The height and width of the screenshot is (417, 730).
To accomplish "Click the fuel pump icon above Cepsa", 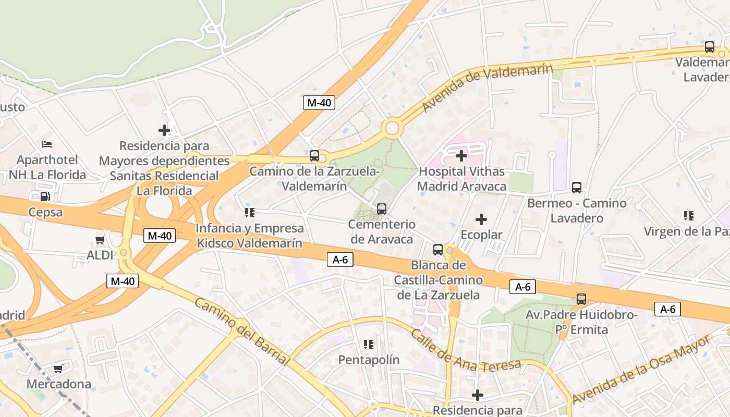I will (46, 197).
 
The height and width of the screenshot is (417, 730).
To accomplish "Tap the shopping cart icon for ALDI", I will (100, 240).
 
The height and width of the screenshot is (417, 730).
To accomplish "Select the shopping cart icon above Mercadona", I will (58, 369).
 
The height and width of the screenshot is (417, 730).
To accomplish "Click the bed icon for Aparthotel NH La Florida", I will (47, 144).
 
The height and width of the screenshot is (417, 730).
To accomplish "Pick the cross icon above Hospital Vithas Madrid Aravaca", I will (461, 155).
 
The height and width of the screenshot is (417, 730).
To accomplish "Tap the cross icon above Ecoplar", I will (481, 219).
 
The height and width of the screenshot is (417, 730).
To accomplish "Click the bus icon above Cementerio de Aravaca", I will (382, 209).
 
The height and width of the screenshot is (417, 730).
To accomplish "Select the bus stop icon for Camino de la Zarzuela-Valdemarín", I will (314, 155).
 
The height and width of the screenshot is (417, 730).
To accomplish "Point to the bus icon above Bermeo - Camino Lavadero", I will (576, 188).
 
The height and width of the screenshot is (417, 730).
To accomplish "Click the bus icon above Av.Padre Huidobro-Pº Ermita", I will (581, 299).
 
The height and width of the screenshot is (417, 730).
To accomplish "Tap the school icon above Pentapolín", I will (369, 345).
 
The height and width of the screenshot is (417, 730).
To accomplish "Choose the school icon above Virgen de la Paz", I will (688, 215).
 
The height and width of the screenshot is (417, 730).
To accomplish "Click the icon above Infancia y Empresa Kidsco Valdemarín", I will (249, 213).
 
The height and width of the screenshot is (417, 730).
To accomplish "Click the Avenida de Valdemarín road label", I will (487, 88).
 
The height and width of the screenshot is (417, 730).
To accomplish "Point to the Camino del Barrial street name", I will (242, 332).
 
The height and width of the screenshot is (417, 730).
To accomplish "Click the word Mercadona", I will (59, 384).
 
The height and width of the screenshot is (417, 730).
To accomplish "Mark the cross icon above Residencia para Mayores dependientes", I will (164, 130).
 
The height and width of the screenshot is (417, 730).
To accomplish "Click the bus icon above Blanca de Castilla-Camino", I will (437, 249).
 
